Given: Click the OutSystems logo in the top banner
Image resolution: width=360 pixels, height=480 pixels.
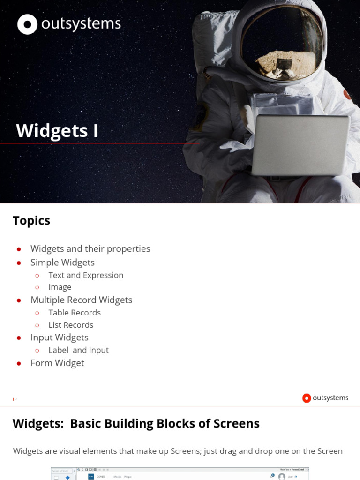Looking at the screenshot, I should pyautogui.click(x=69, y=24).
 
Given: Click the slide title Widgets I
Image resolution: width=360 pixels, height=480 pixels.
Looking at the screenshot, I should pyautogui.click(x=57, y=131).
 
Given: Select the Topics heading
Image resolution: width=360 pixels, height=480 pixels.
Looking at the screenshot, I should pyautogui.click(x=31, y=221).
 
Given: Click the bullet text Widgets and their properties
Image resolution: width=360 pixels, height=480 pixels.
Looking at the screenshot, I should pyautogui.click(x=90, y=249).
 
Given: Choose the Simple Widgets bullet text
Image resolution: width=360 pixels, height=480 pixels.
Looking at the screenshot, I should pyautogui.click(x=62, y=262).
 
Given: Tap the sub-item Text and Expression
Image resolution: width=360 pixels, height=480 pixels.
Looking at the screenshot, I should pyautogui.click(x=86, y=275).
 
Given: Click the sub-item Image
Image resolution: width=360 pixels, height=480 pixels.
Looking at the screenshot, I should pyautogui.click(x=60, y=287).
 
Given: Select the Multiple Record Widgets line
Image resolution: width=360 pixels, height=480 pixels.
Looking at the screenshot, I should pyautogui.click(x=81, y=300).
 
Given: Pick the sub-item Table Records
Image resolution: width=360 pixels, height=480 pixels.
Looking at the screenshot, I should pyautogui.click(x=75, y=313).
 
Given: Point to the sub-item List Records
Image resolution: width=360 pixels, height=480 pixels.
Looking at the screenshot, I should pyautogui.click(x=71, y=325).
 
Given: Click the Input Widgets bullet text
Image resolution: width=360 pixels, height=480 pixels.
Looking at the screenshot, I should pyautogui.click(x=59, y=337).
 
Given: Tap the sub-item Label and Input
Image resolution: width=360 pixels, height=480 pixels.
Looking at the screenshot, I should pyautogui.click(x=78, y=350).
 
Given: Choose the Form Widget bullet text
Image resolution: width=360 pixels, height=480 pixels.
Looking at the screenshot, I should pyautogui.click(x=57, y=363).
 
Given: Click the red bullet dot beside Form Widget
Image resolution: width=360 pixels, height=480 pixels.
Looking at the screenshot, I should pyautogui.click(x=19, y=363).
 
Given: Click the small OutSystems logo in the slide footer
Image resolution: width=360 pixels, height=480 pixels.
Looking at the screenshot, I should pyautogui.click(x=325, y=398).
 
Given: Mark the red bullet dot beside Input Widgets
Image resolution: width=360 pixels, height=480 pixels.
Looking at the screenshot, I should pyautogui.click(x=19, y=338).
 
